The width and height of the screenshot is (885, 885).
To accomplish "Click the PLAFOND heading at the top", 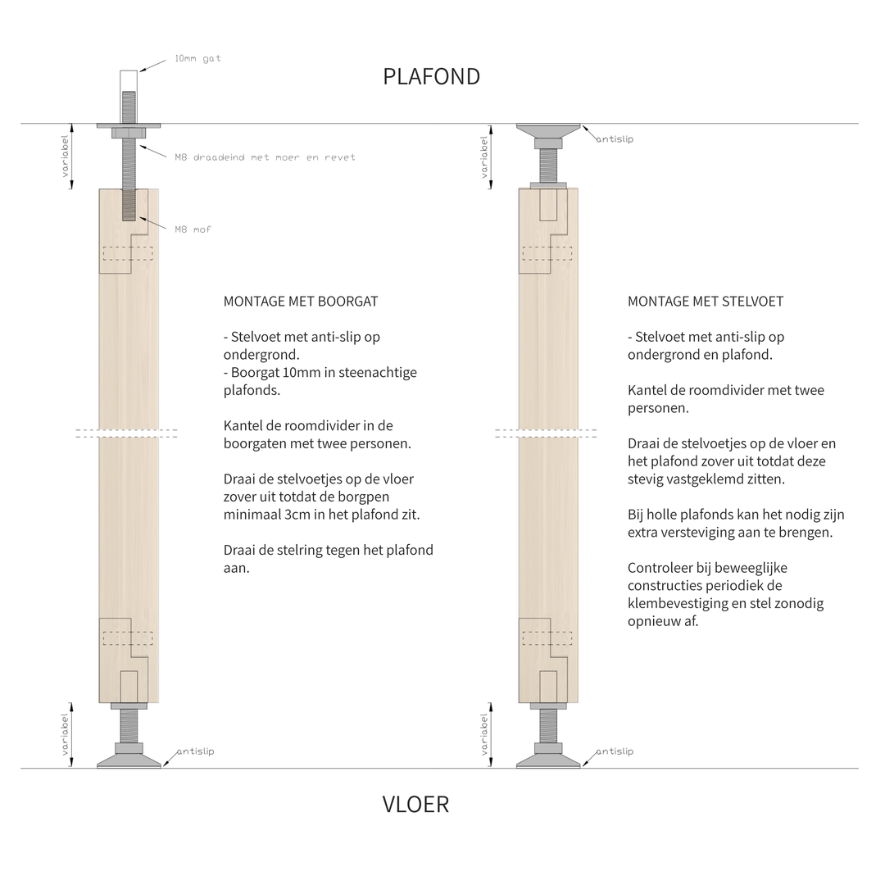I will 431,76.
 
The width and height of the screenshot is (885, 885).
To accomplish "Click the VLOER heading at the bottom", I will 415,804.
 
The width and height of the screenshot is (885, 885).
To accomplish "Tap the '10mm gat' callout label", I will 197,59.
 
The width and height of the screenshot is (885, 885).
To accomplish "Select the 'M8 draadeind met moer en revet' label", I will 265,157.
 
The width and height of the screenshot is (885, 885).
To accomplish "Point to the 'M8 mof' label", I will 193,229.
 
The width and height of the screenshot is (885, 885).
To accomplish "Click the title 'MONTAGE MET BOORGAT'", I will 301,301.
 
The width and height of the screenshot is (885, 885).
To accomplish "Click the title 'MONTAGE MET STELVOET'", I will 706,301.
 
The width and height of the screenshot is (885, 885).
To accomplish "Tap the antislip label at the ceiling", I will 615,139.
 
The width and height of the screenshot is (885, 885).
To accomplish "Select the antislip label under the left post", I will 195,751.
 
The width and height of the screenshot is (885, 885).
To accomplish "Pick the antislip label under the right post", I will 615,751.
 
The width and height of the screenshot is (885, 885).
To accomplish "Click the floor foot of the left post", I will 129,759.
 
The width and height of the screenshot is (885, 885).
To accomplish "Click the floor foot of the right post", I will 548,759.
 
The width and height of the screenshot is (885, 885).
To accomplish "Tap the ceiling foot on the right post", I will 548,131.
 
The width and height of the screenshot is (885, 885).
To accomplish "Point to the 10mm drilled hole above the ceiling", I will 129,82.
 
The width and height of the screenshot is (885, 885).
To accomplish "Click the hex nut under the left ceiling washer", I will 129,134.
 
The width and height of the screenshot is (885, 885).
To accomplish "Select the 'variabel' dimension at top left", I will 65,157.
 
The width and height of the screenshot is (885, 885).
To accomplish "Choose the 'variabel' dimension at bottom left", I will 65,734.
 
